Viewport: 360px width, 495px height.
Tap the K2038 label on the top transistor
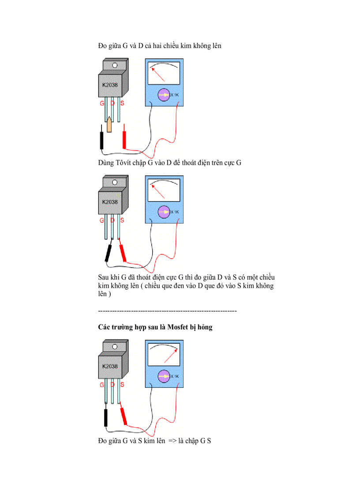point(110,85)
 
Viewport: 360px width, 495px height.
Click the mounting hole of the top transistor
point(115,66)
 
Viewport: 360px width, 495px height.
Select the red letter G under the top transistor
point(102,104)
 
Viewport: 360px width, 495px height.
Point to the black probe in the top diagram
point(102,140)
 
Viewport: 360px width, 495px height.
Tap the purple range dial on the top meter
point(164,95)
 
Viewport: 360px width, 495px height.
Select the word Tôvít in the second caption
point(124,163)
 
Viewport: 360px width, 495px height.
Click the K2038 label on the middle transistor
point(110,202)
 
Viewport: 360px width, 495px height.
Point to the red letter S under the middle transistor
point(122,220)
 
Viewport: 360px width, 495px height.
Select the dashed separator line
point(167,311)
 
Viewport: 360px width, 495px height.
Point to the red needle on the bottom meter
point(172,355)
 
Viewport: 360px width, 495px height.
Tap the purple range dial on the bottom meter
point(164,376)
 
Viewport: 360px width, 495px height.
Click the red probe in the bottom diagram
point(124,415)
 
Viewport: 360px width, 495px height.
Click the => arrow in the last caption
point(172,440)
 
